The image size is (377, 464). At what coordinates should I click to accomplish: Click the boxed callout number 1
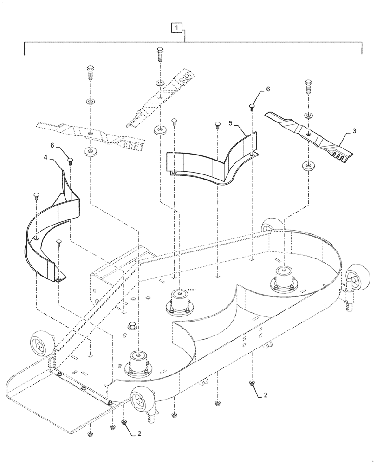tap(177, 28)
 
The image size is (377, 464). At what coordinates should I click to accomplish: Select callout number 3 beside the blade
tap(354, 131)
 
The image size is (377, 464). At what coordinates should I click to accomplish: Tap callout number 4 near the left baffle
tap(46, 158)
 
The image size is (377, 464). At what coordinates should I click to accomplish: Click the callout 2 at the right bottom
tap(265, 395)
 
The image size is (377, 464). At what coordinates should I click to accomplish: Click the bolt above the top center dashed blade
tap(160, 55)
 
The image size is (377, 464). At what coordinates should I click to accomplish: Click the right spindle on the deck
tap(283, 280)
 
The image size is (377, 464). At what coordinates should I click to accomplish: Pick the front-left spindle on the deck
tap(137, 364)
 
